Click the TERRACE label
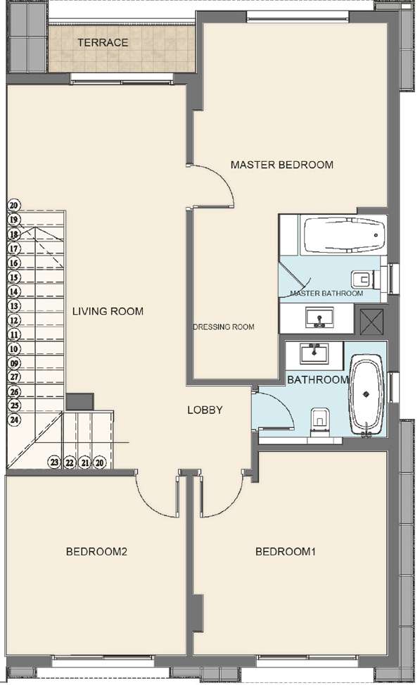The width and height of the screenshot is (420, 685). [103, 43]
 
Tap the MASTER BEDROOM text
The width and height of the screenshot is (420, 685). [281, 165]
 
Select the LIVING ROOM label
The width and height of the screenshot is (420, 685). [108, 311]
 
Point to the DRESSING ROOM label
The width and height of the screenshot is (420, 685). [224, 327]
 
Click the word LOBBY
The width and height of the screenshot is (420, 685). [205, 410]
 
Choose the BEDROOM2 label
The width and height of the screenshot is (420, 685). [96, 551]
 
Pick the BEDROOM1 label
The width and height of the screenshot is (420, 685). [285, 551]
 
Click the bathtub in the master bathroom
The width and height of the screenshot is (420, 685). [343, 235]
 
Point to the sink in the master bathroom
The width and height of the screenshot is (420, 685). [320, 318]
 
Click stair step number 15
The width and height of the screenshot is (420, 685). [13, 277]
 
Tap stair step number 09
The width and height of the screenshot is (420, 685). [13, 363]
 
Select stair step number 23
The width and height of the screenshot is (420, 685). [54, 463]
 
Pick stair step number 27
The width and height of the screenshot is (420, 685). [13, 377]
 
